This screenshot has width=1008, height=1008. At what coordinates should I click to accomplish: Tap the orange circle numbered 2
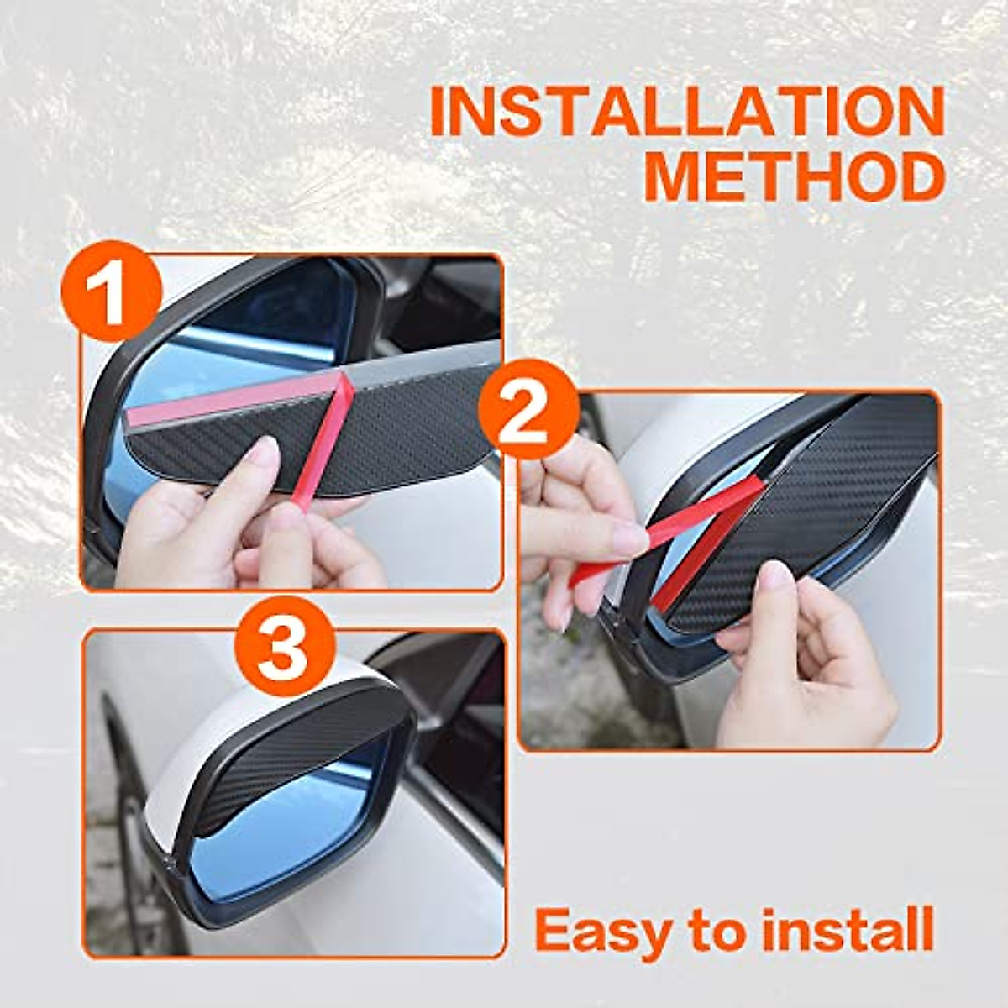tap(528, 411)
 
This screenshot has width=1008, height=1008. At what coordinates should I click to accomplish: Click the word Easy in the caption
tap(603, 930)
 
